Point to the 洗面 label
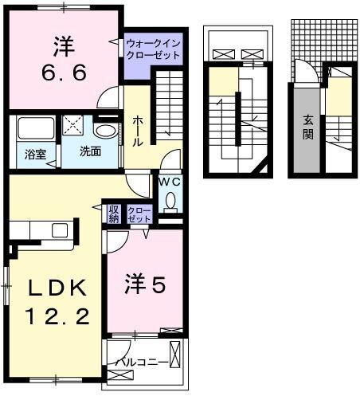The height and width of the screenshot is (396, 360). [89, 151]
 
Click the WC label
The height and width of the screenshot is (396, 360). [169, 182]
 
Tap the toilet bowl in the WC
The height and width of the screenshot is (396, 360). [169, 202]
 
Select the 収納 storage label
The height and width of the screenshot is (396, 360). [113, 214]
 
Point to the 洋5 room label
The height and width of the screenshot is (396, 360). [145, 283]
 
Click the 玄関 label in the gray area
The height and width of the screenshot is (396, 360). [307, 127]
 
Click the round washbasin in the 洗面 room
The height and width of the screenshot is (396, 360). [105, 130]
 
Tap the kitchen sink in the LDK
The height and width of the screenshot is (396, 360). [60, 231]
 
